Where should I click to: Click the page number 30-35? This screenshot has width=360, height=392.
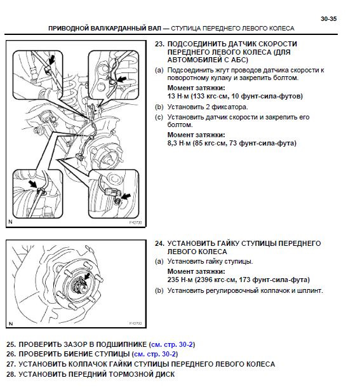point(329,19)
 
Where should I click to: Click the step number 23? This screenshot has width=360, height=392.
point(159,44)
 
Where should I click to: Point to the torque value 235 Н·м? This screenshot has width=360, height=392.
point(180,280)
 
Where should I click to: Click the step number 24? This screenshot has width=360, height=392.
point(159,243)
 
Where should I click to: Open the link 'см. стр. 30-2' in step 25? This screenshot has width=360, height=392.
point(172,344)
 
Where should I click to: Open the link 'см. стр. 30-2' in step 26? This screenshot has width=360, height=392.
point(155,355)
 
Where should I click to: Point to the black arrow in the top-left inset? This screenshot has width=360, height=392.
point(51,60)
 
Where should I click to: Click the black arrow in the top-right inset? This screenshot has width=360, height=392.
point(122,79)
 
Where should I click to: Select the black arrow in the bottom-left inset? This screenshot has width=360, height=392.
point(33,184)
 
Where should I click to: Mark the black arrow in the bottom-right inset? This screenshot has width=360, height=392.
point(126,196)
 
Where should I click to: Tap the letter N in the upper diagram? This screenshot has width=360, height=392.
point(11,222)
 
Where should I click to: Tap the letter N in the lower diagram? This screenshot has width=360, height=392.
point(11,324)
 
